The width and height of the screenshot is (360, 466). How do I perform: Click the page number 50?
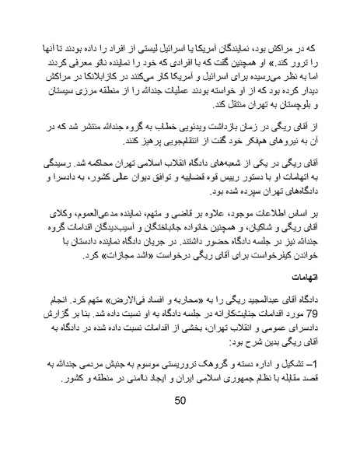180,422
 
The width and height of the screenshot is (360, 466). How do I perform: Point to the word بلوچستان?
296,103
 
